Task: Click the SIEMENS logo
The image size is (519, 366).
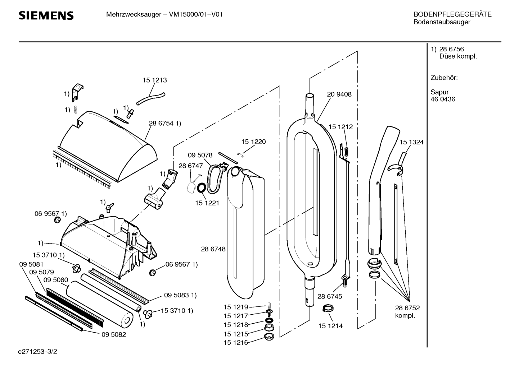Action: point(46,16)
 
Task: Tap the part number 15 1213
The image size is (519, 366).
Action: point(155,80)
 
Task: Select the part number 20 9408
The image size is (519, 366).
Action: point(339,94)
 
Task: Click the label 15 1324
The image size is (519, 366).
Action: point(411,143)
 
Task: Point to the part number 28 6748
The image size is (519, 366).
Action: point(213,249)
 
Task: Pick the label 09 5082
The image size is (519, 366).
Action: point(113,334)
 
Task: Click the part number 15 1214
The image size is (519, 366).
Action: point(330,326)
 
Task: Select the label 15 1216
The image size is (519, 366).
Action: point(236,343)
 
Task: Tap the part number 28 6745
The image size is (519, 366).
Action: point(330,296)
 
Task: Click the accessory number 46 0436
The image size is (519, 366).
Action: point(443,99)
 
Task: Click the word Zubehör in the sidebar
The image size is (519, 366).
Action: point(444,78)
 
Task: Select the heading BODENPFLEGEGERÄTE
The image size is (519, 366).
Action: point(452,15)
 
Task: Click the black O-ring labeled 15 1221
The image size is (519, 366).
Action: point(202,187)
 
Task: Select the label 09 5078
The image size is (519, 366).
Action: point(200,155)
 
